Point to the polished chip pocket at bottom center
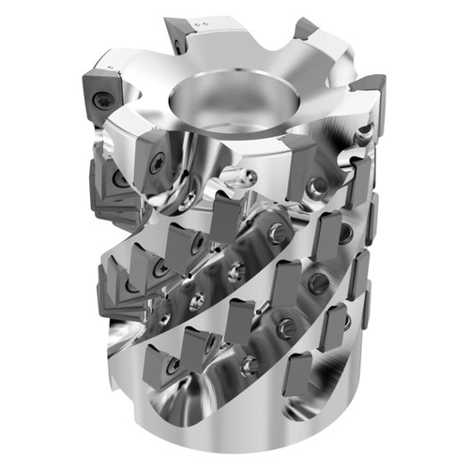[x=234, y=394]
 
